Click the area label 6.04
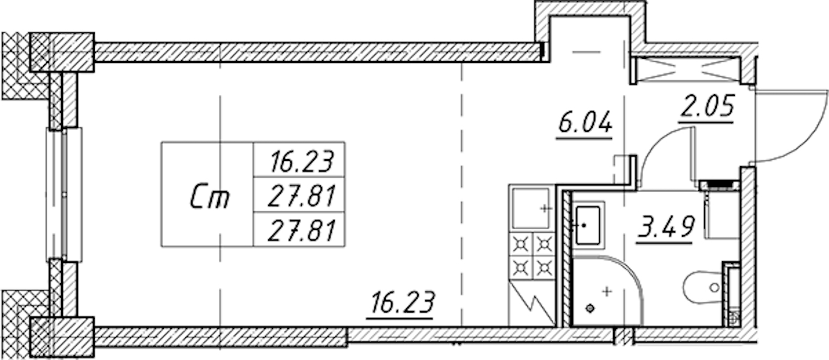tap(584, 123)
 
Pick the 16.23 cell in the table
tap(302, 161)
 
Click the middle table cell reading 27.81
tap(302, 196)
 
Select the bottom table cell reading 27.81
tap(302, 230)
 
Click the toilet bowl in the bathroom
tap(702, 287)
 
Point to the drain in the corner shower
tap(590, 308)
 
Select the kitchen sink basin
tap(530, 208)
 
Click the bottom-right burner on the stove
tap(543, 266)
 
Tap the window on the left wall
tap(64, 194)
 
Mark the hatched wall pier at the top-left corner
tap(62, 52)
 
